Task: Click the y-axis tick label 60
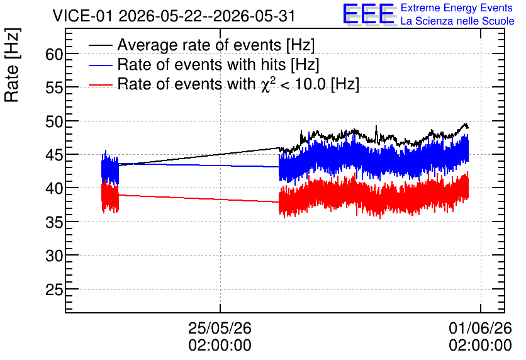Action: coord(54,54)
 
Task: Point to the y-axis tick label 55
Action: coord(54,87)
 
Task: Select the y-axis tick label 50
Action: coord(54,121)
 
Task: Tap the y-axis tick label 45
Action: coord(54,155)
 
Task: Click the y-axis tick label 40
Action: coord(54,188)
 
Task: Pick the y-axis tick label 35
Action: coord(54,222)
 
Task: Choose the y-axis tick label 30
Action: coord(54,256)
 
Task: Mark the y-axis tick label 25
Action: coord(54,290)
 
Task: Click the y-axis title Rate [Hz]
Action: coord(12,65)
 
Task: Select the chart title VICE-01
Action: coord(82,16)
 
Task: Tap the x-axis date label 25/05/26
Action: coord(220,328)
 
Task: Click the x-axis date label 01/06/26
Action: coord(480,328)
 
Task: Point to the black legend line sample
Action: coord(100,45)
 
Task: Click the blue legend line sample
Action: coord(100,65)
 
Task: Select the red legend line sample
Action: coord(100,84)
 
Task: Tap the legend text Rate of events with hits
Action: coord(201,64)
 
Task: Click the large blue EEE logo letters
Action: coord(369,14)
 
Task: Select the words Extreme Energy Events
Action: coord(457,8)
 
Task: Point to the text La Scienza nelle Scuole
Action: coord(457,21)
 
